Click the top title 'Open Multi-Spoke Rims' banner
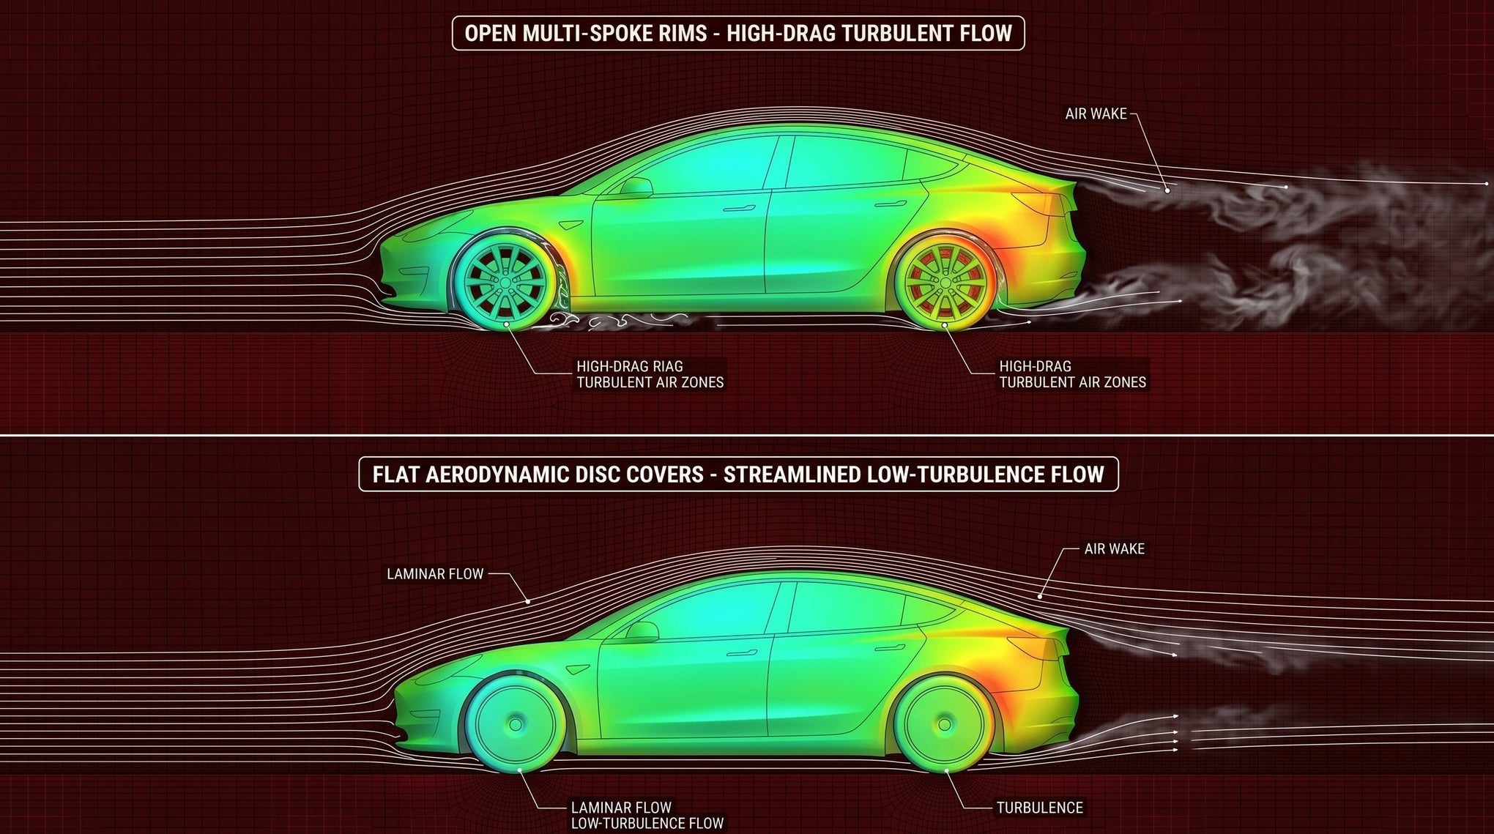pos(738,33)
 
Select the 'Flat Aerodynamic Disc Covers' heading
pos(738,474)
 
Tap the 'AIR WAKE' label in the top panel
pos(1096,114)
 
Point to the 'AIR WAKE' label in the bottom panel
pos(1114,548)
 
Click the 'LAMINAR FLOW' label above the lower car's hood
pos(435,574)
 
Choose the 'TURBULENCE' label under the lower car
pos(1039,808)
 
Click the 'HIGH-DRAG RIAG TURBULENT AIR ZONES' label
pos(650,374)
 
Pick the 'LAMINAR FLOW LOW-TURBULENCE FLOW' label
pos(647,816)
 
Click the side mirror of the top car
pos(636,186)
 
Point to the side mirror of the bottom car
pos(642,631)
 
